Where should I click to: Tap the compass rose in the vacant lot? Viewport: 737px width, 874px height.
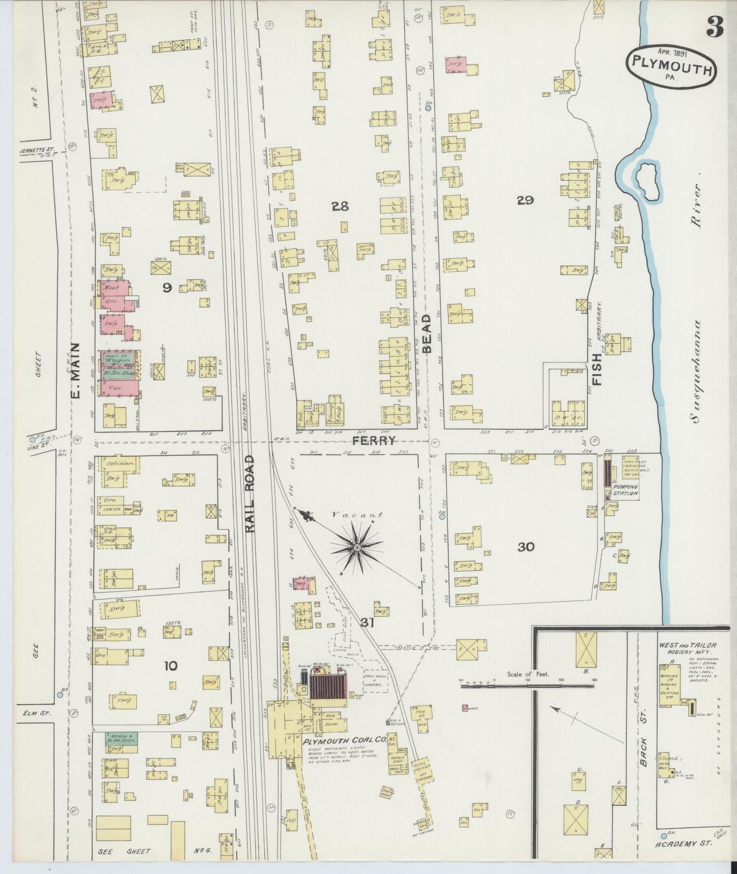[x=358, y=548]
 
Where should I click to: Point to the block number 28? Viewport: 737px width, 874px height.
[x=340, y=207]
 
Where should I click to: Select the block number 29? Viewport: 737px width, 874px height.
[x=525, y=200]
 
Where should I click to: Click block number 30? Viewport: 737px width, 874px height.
[x=526, y=547]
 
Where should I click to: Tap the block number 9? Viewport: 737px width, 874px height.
[x=167, y=288]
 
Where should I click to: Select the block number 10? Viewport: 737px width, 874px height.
[x=171, y=665]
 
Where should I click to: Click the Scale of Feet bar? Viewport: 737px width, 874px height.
[x=528, y=686]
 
